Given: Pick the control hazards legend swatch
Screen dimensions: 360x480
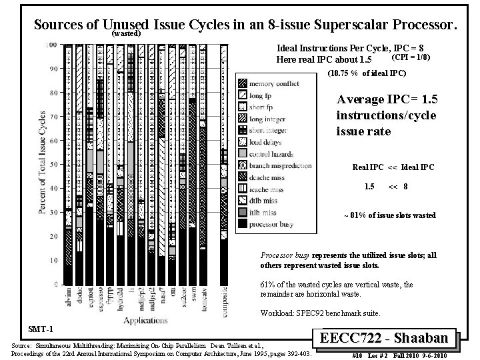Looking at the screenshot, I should pos(243,153).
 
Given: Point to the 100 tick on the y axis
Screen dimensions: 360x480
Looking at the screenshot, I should pos(51,45).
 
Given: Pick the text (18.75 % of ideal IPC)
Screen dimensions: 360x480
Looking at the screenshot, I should pos(367,72).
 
